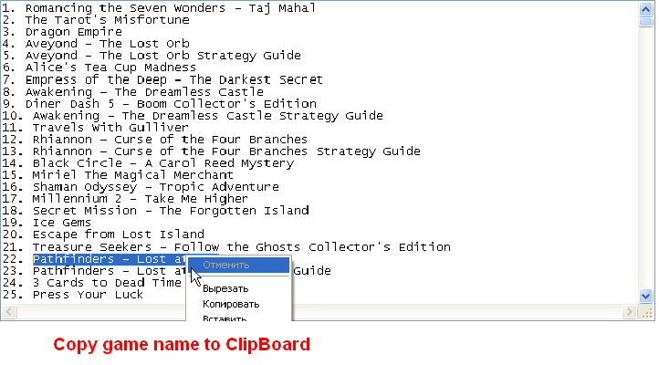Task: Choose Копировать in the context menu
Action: point(231,304)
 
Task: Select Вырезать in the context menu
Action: point(225,288)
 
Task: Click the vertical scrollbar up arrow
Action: point(645,8)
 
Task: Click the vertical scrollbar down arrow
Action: point(645,297)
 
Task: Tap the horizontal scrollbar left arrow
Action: point(9,312)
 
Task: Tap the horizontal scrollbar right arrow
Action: point(629,312)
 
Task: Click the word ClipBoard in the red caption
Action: point(267,344)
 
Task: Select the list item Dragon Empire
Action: point(74,32)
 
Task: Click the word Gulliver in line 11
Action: point(159,127)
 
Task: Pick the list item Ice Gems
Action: point(62,222)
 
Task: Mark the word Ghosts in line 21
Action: point(277,247)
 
